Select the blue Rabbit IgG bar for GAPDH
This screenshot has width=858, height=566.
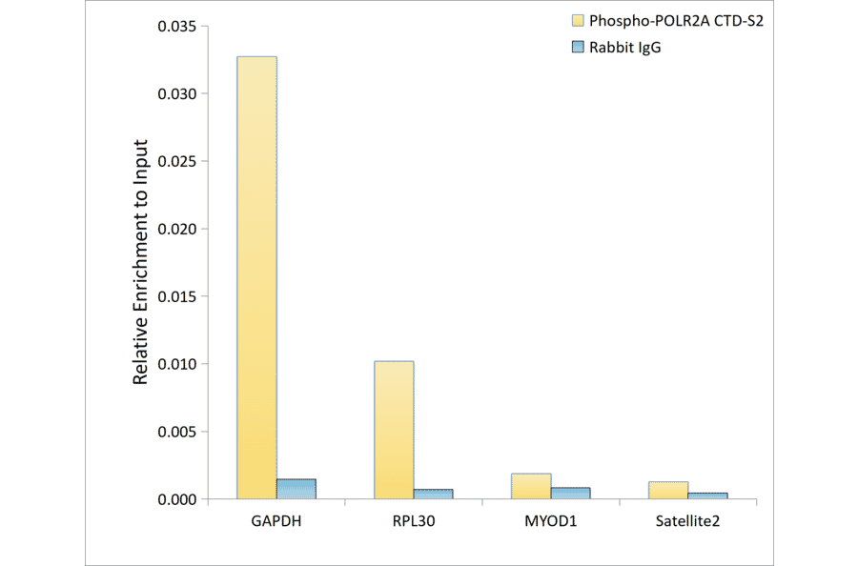click(x=296, y=489)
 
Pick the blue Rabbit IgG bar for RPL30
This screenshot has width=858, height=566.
click(x=433, y=494)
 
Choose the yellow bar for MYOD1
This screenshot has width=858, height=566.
click(x=531, y=486)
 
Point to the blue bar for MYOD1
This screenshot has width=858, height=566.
click(x=570, y=493)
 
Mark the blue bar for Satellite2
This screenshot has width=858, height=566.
click(x=707, y=495)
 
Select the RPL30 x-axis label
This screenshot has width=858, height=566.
click(x=413, y=522)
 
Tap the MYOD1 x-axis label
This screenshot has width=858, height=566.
click(x=550, y=522)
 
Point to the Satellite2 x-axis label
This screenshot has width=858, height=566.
click(x=687, y=522)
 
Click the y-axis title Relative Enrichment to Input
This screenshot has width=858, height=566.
click(x=140, y=262)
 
